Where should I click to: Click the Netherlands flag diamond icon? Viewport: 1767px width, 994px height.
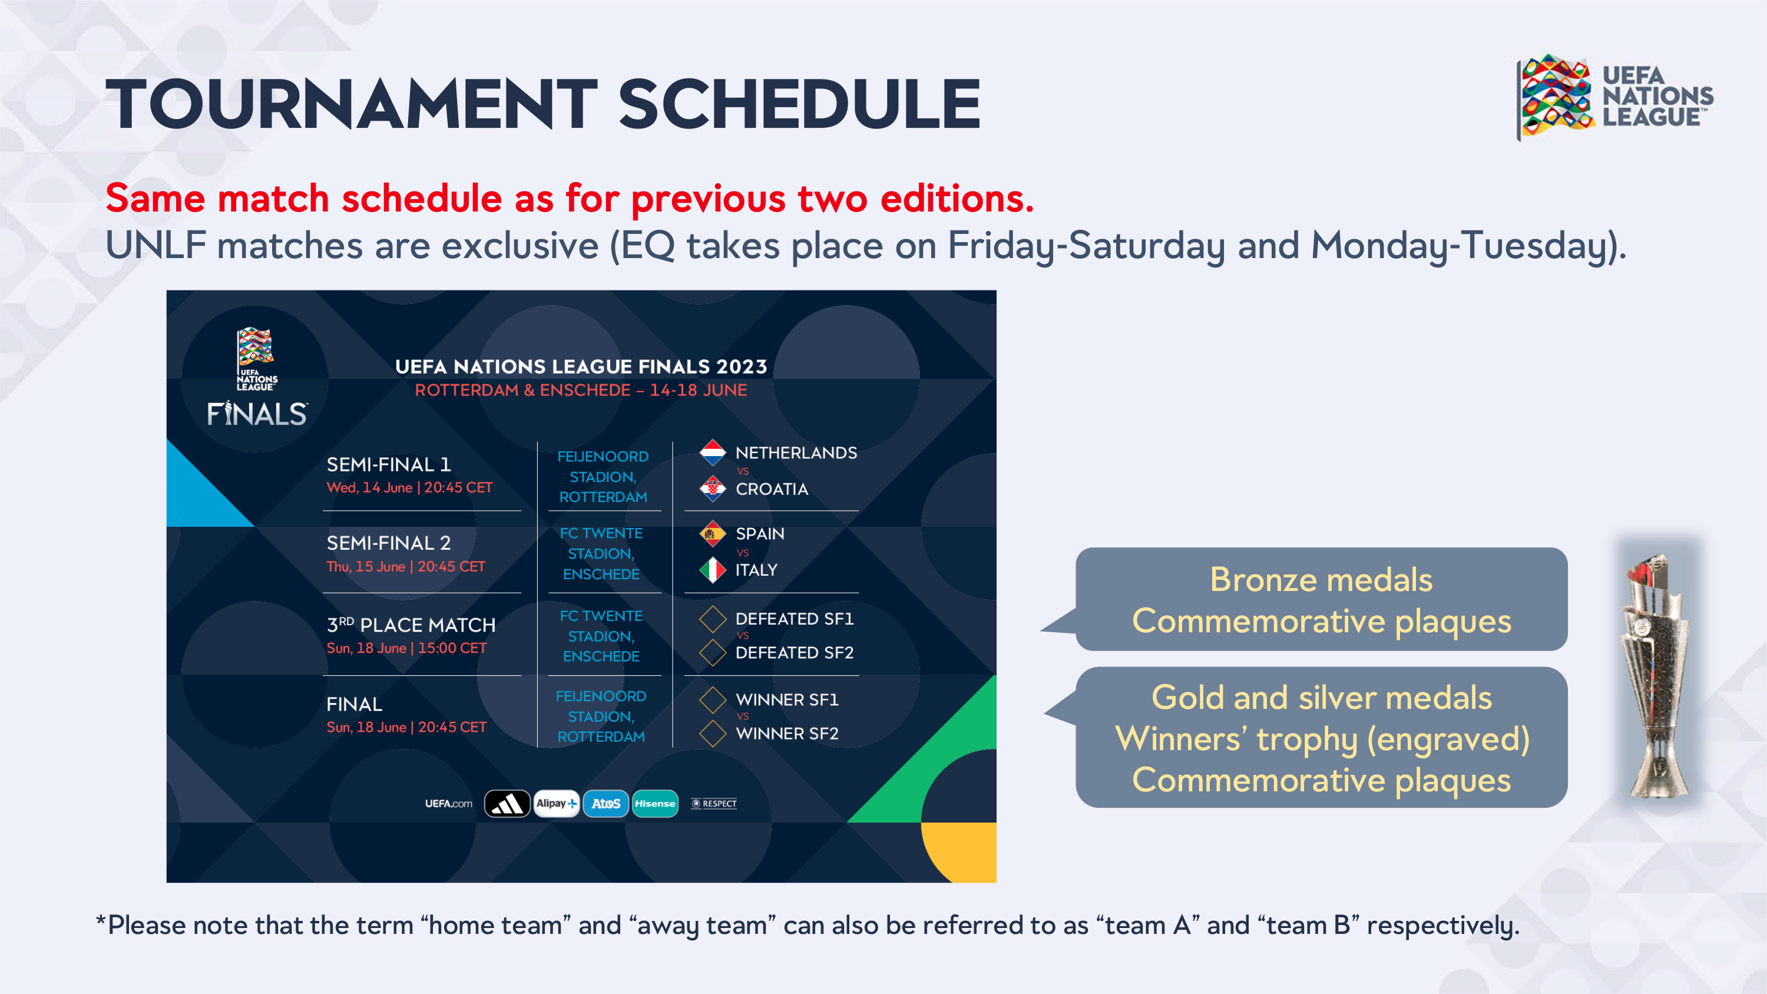[713, 452]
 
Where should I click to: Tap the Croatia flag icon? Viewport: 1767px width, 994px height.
[713, 488]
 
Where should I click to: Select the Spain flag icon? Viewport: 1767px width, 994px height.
[713, 533]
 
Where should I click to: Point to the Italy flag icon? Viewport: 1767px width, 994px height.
[713, 569]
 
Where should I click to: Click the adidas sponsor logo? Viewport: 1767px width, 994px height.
[507, 803]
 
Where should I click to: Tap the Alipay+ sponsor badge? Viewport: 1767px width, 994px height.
[556, 803]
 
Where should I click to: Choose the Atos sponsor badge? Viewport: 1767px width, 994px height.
[605, 803]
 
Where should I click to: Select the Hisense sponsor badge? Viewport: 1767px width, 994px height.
[655, 803]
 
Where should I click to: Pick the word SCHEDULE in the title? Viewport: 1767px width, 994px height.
[800, 104]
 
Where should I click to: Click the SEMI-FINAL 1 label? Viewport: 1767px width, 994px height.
[389, 464]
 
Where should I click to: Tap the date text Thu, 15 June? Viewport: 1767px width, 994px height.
[366, 567]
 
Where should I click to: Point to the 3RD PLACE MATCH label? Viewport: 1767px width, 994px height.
[411, 624]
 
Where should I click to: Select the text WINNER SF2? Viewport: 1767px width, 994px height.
[787, 734]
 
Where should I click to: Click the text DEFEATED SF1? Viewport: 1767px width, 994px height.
[795, 619]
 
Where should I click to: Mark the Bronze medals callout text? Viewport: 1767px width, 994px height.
[1321, 580]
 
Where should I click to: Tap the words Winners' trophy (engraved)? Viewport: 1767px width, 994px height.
[1322, 739]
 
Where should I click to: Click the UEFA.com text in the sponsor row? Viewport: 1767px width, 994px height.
[449, 803]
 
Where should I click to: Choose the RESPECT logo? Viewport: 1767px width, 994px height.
[713, 803]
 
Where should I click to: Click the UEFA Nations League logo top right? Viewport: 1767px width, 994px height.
[1614, 97]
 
